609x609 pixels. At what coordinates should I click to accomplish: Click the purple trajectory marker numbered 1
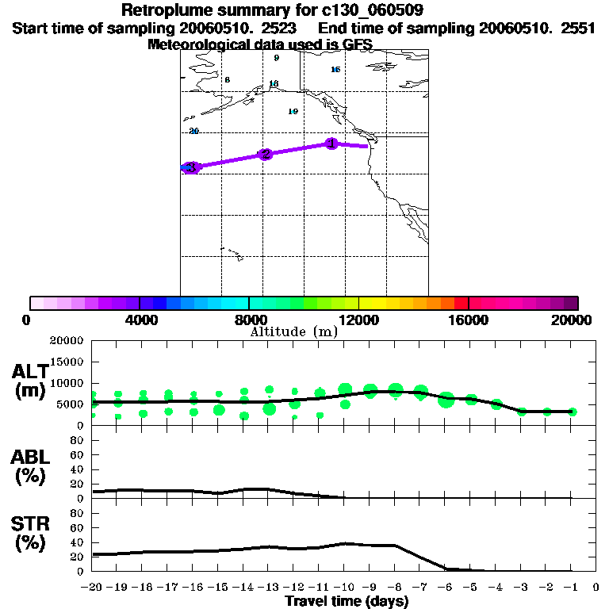tap(331, 144)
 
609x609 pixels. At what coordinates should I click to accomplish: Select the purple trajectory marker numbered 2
tap(266, 155)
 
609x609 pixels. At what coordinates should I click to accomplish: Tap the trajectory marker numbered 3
tap(190, 167)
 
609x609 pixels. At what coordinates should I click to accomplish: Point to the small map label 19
tap(293, 112)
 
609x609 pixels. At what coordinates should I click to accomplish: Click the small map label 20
tap(193, 131)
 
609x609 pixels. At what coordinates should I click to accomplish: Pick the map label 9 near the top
tap(276, 58)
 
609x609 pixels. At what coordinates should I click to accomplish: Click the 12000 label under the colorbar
tap(359, 320)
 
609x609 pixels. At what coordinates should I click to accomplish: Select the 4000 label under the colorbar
tap(139, 320)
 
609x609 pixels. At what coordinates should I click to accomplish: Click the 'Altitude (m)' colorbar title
tap(293, 332)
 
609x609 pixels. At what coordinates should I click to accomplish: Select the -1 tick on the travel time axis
tap(571, 588)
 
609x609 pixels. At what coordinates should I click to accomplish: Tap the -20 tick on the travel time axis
tap(92, 588)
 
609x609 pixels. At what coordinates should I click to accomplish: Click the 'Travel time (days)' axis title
tap(347, 601)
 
